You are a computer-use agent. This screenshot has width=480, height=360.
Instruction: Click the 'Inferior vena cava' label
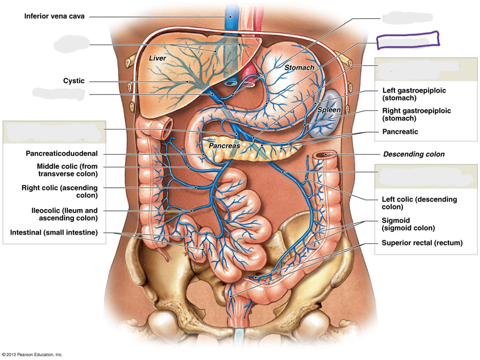(x=54, y=16)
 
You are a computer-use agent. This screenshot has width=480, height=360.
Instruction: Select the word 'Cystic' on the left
(x=74, y=81)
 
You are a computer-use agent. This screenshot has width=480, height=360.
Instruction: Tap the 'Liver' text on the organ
(x=157, y=58)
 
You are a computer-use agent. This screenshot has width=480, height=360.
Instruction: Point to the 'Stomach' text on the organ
(x=299, y=67)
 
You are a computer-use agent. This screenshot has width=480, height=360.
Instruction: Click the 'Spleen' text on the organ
(x=329, y=110)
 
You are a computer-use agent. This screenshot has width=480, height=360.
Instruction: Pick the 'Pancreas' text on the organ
(x=224, y=145)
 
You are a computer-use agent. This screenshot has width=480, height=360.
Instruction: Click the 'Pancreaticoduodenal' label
(x=62, y=154)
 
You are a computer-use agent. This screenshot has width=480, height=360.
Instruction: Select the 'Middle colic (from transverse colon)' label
(x=67, y=170)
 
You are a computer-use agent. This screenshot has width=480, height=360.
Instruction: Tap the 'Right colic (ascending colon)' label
(x=60, y=192)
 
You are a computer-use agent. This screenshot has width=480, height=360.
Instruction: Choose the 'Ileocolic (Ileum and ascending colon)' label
(x=65, y=215)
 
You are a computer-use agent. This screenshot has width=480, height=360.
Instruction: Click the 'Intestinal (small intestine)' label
(x=54, y=233)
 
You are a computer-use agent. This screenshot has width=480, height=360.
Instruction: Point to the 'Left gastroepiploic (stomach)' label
(x=414, y=94)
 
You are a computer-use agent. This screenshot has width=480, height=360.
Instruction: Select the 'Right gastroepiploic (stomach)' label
(x=417, y=114)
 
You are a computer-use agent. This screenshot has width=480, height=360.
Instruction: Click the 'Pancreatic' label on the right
(x=400, y=132)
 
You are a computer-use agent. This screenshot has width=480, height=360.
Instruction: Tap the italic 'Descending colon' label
(x=414, y=154)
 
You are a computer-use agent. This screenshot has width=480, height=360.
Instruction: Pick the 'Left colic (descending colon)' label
(x=420, y=203)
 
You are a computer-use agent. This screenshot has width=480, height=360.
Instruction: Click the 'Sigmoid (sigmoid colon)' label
(x=408, y=224)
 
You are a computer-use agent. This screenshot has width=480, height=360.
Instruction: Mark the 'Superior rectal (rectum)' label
(x=422, y=243)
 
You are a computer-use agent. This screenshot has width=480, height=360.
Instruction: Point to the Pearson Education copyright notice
(x=32, y=355)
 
